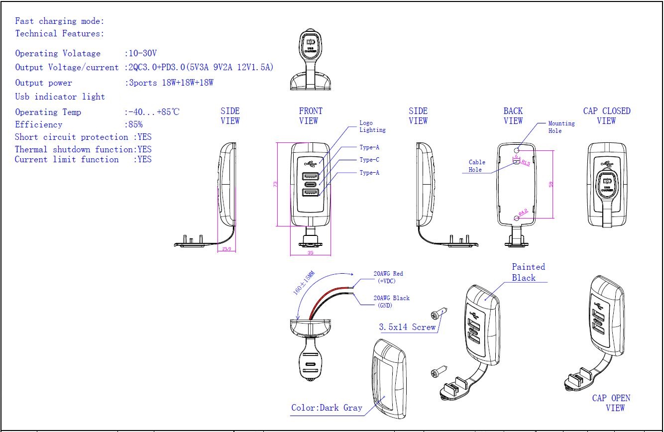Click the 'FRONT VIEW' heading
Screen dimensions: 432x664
pyautogui.click(x=311, y=116)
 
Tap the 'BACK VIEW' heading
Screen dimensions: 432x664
pyautogui.click(x=513, y=116)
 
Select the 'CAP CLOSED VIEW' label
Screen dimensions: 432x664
pyautogui.click(x=606, y=116)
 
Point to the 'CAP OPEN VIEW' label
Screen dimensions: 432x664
pyautogui.click(x=611, y=403)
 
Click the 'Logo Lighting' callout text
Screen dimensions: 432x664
pyautogui.click(x=372, y=126)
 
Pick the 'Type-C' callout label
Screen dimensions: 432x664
pyautogui.click(x=369, y=160)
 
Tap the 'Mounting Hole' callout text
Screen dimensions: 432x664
pyautogui.click(x=561, y=127)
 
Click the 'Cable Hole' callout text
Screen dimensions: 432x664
pyautogui.click(x=476, y=166)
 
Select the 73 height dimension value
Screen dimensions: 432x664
pyautogui.click(x=275, y=184)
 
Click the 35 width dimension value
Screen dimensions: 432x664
pyautogui.click(x=310, y=252)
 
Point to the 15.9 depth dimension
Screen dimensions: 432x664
pyautogui.click(x=226, y=249)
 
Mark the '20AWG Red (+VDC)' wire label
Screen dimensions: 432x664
pyautogui.click(x=388, y=277)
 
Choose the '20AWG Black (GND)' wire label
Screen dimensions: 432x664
pyautogui.click(x=391, y=302)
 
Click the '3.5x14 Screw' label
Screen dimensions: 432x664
pyautogui.click(x=407, y=327)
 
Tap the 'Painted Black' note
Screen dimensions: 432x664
pyautogui.click(x=528, y=272)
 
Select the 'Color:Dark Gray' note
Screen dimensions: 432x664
pyautogui.click(x=327, y=408)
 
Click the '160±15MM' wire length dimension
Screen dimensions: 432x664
pyautogui.click(x=304, y=284)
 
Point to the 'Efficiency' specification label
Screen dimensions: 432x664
pyautogui.click(x=39, y=124)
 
